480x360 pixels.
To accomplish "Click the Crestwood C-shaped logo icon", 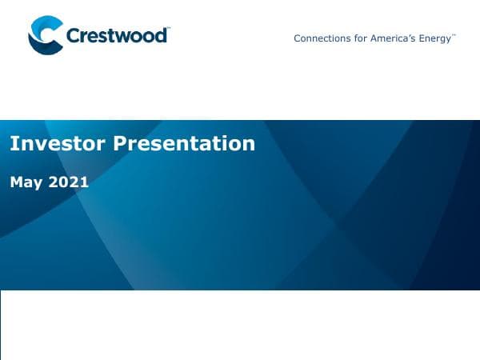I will [x=45, y=35].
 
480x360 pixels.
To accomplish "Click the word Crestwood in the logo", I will [x=117, y=36].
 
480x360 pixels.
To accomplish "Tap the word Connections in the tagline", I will [x=321, y=38].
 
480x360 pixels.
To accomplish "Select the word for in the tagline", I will [x=359, y=38].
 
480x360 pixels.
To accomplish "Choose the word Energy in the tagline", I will [x=436, y=38].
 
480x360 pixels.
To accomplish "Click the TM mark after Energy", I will [x=454, y=35].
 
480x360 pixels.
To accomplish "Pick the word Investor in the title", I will [x=57, y=144].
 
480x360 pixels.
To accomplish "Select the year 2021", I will [x=69, y=182].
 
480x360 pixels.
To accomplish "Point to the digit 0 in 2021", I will [x=65, y=182].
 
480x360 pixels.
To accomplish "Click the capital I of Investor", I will [x=12, y=144].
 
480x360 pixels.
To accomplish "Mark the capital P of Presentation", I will [x=119, y=144].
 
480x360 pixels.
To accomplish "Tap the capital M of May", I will [x=17, y=182].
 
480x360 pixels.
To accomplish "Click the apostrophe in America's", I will [x=410, y=36].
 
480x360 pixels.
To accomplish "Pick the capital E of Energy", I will [x=422, y=38].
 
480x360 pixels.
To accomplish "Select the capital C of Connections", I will [x=298, y=38].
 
